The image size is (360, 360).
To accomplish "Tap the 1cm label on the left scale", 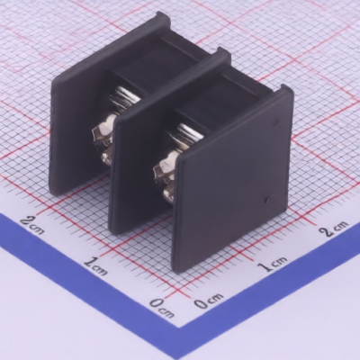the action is [96, 265].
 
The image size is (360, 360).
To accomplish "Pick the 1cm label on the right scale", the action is [273, 264].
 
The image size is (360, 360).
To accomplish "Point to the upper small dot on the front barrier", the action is [274, 121].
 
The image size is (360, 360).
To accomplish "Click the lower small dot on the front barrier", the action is [268, 199].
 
